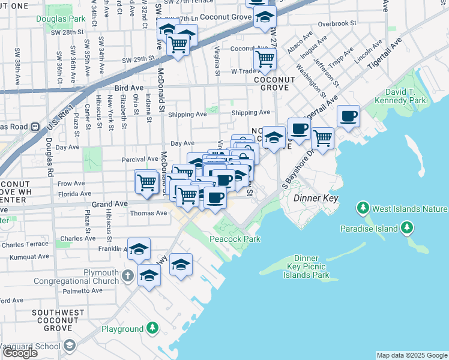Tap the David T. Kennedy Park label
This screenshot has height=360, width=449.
[409, 97]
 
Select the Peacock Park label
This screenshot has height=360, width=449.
[235, 239]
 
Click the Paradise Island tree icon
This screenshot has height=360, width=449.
[408, 228]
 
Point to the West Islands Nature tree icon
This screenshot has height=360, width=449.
[363, 209]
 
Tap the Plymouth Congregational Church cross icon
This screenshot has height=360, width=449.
[127, 277]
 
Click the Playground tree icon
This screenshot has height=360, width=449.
[152, 328]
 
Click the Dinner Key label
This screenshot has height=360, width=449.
[315, 197]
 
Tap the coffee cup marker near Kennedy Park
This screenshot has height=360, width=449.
[348, 116]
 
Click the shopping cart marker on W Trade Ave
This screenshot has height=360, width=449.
[265, 59]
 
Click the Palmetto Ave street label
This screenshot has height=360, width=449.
[67, 290]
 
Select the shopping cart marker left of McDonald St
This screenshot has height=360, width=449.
[146, 182]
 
